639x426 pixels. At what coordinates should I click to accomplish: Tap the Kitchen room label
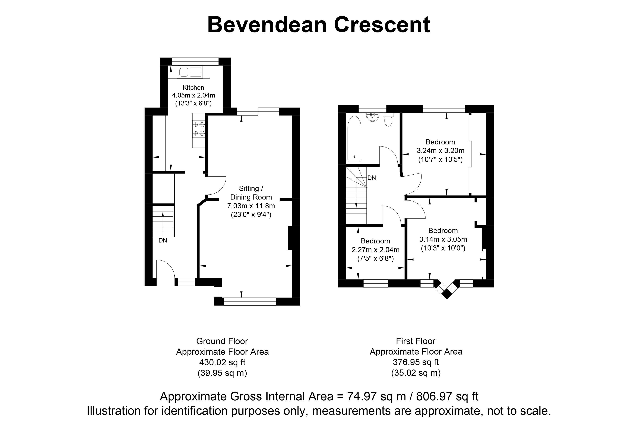[x=193, y=87]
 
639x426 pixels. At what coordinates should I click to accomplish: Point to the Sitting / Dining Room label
[x=251, y=193]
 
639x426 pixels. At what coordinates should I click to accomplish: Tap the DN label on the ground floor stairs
[x=163, y=241]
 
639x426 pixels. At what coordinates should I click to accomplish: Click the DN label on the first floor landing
[x=372, y=178]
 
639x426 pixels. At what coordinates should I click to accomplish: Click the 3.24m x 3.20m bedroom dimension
[x=440, y=150]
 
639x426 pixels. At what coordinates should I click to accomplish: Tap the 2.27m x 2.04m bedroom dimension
[x=375, y=250]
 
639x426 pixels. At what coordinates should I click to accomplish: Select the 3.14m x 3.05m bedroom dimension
[x=443, y=239]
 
